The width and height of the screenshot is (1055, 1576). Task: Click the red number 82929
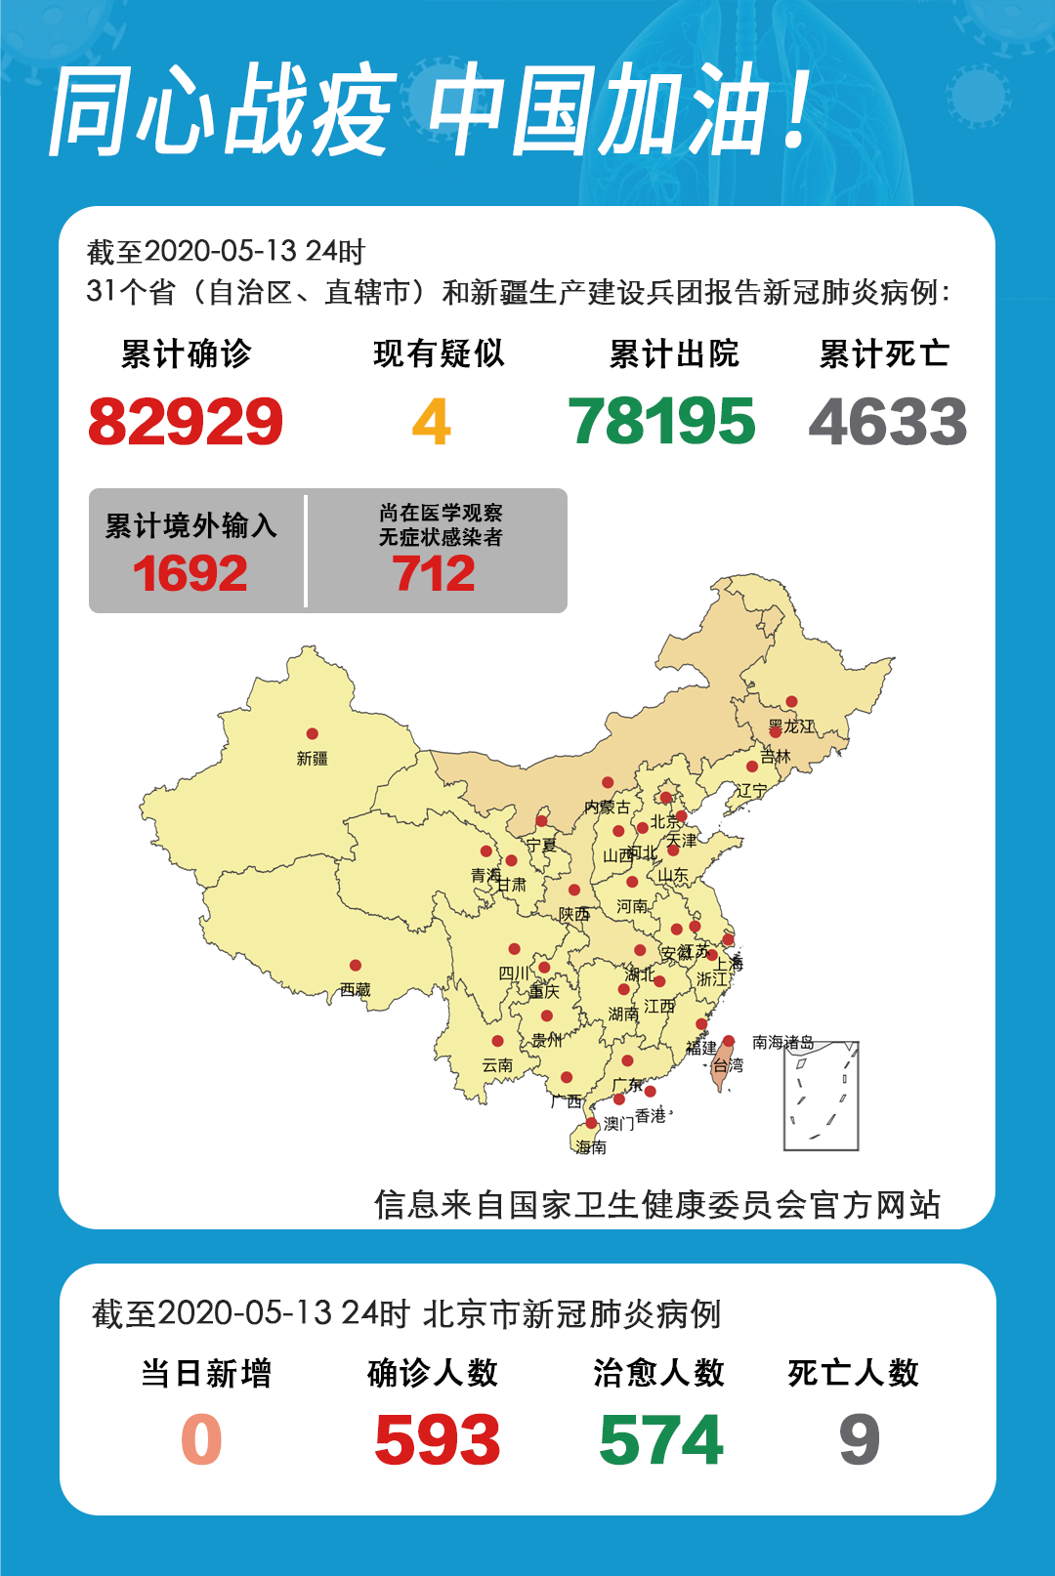tap(186, 422)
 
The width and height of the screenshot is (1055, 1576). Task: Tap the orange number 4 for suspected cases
tap(431, 422)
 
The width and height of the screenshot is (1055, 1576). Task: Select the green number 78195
tap(662, 422)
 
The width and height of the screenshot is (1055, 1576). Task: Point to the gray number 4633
tap(887, 422)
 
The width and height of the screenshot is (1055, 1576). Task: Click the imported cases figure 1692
tap(190, 573)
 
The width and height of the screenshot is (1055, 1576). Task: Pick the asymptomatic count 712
tap(435, 573)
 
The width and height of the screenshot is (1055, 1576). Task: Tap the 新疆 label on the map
tap(313, 759)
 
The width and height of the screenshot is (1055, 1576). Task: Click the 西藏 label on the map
tap(356, 990)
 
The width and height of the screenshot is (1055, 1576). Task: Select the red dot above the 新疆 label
tap(312, 734)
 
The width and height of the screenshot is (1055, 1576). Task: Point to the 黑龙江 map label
tap(791, 726)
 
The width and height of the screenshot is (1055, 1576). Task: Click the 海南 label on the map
tap(591, 1147)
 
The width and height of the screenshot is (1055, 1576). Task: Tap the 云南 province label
tap(497, 1065)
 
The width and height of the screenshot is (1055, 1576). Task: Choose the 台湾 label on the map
tap(728, 1065)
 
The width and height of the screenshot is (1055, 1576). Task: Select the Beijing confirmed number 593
tap(438, 1440)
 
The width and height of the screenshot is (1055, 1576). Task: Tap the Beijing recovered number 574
tap(661, 1440)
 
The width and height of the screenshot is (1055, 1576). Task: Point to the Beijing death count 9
tap(860, 1440)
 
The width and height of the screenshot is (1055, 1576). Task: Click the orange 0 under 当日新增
tap(202, 1440)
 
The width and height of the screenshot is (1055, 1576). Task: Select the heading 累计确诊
tap(186, 353)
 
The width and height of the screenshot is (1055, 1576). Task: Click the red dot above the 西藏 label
tap(356, 966)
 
